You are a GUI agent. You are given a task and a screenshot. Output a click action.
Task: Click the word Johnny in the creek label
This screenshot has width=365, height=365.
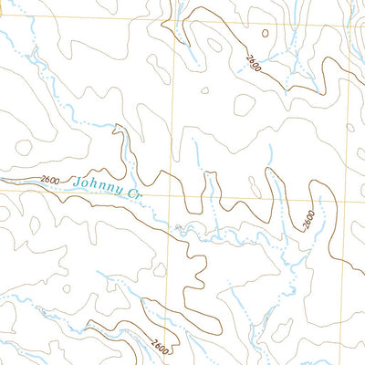(97, 185)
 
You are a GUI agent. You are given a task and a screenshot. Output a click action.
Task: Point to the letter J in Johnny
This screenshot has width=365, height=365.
(78, 181)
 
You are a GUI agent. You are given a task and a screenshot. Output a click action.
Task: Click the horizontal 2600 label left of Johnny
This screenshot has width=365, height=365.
(50, 182)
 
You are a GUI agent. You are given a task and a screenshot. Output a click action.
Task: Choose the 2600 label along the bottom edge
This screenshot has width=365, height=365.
(161, 348)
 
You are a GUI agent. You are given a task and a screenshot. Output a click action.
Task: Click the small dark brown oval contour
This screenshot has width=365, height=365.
(266, 33)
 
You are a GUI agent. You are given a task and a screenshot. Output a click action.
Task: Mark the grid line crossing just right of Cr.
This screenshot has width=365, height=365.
(173, 194)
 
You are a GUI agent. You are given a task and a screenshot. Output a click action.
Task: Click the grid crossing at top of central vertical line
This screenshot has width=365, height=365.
(172, 3)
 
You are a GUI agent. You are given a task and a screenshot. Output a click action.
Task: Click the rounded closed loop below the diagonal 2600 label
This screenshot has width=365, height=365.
(244, 104)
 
